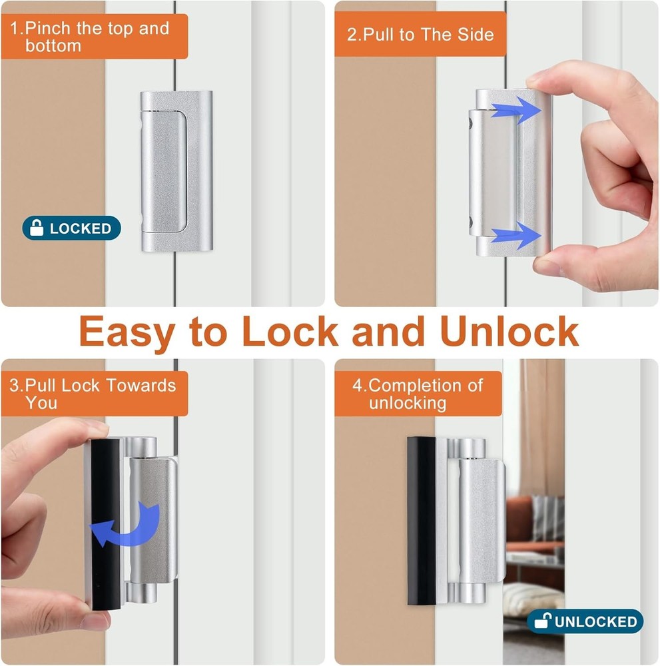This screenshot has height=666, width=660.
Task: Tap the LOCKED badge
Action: point(71,228)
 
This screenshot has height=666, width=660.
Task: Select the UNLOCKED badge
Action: point(585,622)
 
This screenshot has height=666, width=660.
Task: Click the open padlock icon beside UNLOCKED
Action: point(543,622)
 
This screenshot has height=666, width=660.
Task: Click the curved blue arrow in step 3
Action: point(127,526)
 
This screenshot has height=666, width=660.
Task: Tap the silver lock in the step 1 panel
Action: point(176,171)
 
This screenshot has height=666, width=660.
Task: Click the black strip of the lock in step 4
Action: point(421,521)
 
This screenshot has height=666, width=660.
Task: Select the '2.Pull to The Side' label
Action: point(420,34)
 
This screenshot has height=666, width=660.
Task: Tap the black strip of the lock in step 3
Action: point(105,526)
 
